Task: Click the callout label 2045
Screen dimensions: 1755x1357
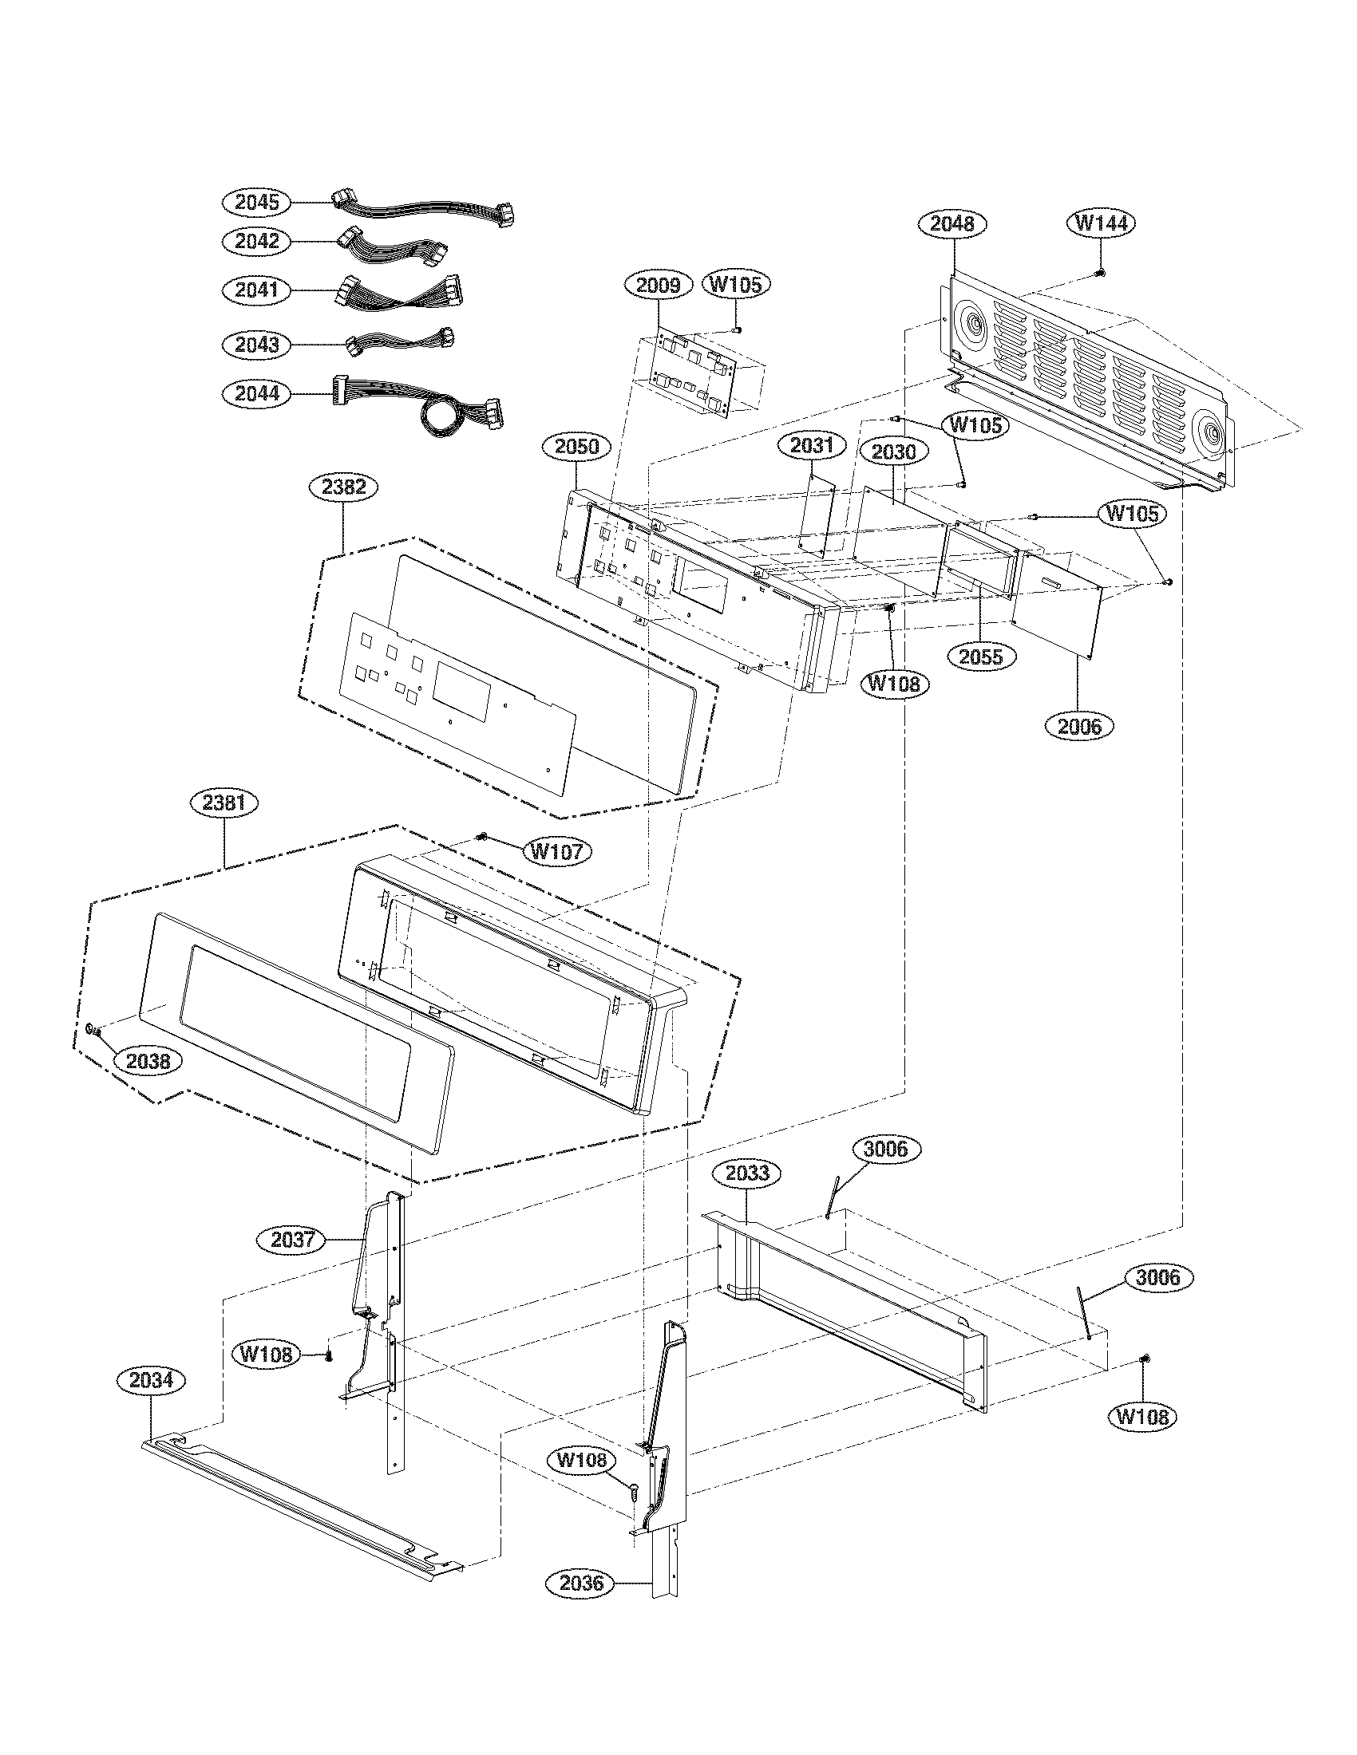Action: point(256,202)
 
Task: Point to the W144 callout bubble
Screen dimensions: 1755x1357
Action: point(1101,223)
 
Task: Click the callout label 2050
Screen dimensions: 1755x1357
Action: point(576,447)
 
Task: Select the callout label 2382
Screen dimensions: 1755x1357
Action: point(343,486)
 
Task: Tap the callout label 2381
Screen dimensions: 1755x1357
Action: point(224,803)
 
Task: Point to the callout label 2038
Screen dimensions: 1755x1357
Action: point(148,1061)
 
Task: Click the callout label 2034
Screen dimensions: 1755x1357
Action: point(151,1381)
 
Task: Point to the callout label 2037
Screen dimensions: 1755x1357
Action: point(291,1240)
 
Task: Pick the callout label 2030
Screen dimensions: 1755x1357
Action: point(894,452)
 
